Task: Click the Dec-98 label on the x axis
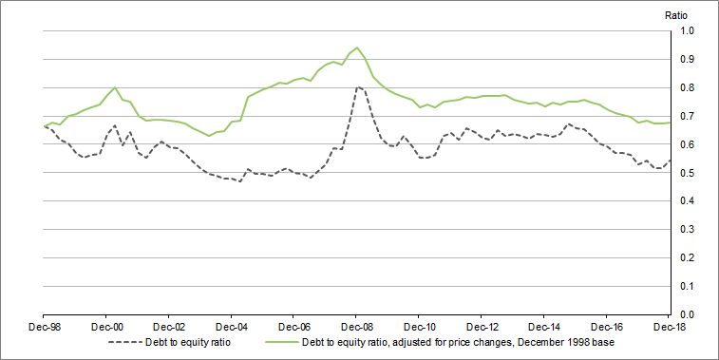(45, 326)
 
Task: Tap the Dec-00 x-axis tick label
(106, 326)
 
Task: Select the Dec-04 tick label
(232, 326)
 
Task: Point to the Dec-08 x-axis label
(356, 326)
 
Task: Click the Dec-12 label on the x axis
(482, 326)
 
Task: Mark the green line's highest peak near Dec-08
(357, 47)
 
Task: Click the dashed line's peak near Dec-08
(358, 87)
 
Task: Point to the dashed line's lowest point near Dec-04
(240, 180)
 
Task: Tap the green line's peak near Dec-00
(115, 87)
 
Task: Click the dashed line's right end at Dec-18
(671, 161)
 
